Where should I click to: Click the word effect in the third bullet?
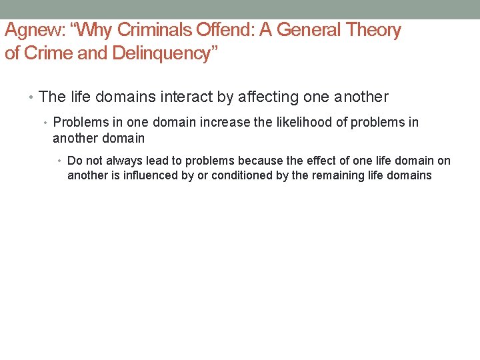(345, 161)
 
